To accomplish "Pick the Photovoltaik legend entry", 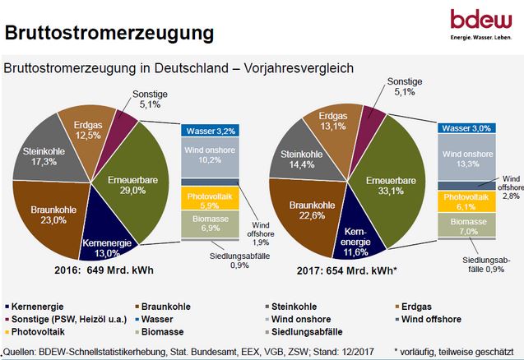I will (45, 331).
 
